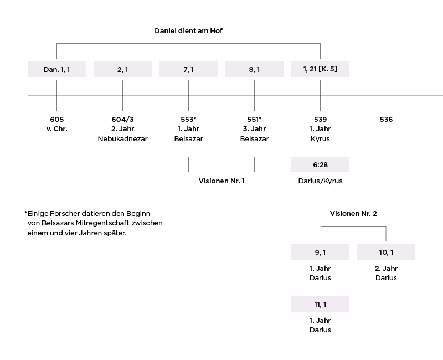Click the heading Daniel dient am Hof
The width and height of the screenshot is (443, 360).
coord(188,31)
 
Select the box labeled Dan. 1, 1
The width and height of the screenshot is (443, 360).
coord(57,69)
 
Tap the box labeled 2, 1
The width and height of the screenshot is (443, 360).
coord(122,69)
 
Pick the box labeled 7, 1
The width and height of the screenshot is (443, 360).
coord(188,69)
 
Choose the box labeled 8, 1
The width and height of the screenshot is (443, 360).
coord(254,69)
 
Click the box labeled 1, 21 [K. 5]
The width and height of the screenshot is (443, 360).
coord(321,69)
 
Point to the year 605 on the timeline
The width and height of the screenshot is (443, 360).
coord(57,119)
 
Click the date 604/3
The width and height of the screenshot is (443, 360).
coord(122,119)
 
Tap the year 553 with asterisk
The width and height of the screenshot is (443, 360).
coord(188,119)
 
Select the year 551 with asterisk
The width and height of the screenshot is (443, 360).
coord(254,119)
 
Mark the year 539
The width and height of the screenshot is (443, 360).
coord(321,119)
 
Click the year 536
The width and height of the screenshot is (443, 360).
coord(386,119)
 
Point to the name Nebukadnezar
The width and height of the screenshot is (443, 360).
coord(122,139)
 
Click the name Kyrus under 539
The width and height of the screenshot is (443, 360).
coord(320,139)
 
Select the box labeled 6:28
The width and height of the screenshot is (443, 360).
coord(321,164)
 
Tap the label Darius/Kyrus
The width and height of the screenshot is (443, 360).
coord(321,181)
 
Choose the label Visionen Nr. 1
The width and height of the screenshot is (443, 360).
coord(221,181)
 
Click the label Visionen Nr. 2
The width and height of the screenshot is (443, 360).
coord(353,214)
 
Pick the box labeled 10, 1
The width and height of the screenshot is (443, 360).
coord(386,252)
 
